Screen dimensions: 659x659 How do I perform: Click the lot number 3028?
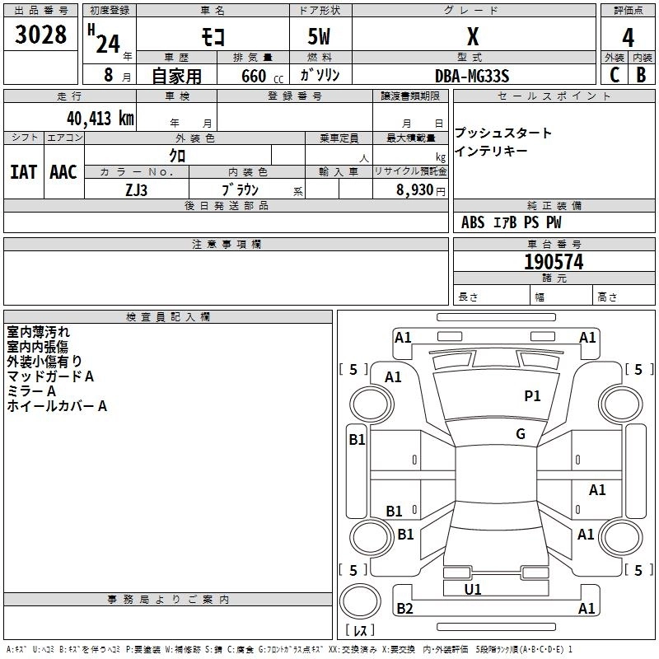42,35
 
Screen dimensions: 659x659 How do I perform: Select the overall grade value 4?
629,38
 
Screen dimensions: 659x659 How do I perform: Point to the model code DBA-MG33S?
472,76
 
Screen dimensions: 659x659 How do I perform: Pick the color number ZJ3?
137,189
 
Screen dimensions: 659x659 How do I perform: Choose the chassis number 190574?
554,262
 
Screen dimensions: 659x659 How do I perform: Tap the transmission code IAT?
23,171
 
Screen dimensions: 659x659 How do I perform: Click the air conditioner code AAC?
63,171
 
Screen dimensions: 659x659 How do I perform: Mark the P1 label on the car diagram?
533,396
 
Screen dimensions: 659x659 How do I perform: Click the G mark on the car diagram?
521,434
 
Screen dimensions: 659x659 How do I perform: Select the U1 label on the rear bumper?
473,589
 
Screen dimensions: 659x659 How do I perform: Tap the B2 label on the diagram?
404,609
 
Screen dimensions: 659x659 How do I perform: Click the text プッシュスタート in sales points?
503,133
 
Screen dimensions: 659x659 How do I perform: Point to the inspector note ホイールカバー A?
57,406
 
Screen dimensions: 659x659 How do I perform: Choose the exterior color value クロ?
177,155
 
